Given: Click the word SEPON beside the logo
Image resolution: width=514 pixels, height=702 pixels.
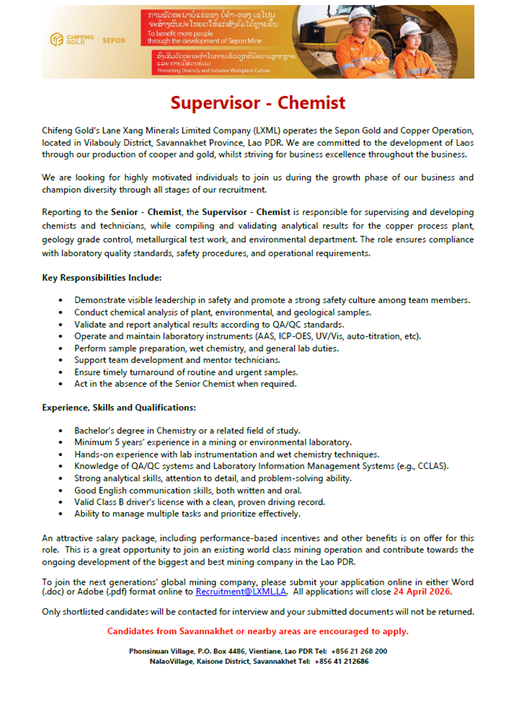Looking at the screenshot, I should click(115, 41).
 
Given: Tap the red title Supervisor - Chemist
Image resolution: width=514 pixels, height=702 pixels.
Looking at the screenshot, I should click(258, 102).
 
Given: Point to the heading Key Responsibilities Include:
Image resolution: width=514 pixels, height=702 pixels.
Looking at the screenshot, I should click(102, 277).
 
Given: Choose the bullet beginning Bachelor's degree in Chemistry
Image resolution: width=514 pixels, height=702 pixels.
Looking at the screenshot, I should click(186, 431).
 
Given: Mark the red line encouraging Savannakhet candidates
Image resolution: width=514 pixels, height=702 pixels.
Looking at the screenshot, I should click(258, 631).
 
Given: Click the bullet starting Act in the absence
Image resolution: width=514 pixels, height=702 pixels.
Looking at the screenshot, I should click(185, 383).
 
